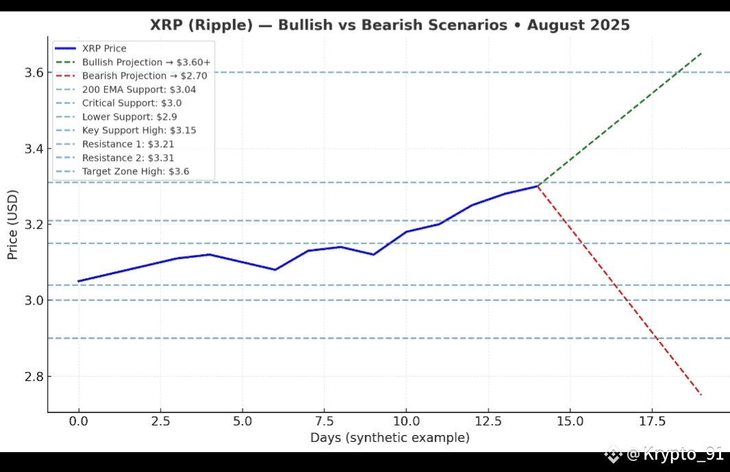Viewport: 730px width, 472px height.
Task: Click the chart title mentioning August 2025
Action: pos(389,25)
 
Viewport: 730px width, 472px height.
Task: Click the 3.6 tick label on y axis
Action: pos(34,73)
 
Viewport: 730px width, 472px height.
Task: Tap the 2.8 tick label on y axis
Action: pos(34,376)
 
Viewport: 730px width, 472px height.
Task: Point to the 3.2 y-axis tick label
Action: pos(34,225)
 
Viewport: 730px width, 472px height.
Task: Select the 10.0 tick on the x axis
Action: pos(406,421)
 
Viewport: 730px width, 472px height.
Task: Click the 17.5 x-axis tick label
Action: pos(652,421)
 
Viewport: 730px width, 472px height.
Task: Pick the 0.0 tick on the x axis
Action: pos(78,421)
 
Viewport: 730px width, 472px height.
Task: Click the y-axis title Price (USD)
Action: pos(12,225)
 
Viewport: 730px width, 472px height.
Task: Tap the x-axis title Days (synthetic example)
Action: pos(389,438)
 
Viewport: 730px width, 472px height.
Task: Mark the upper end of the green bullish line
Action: pos(701,53)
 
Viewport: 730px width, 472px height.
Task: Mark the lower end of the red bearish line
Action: pos(701,395)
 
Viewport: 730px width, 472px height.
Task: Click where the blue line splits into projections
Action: pos(537,186)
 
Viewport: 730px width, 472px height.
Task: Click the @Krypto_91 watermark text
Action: pos(675,454)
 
